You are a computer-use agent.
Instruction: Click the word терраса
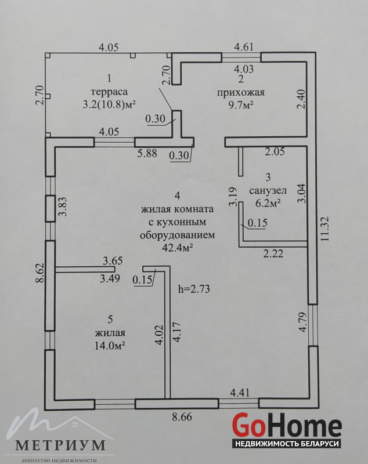tap(109, 92)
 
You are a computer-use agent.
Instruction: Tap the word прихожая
tap(240, 92)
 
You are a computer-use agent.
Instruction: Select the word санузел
tap(265, 191)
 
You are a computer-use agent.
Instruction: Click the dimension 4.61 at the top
tap(245, 48)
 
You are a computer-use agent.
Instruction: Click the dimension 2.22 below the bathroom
tap(275, 253)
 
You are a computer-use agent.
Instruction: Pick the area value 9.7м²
tap(240, 105)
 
